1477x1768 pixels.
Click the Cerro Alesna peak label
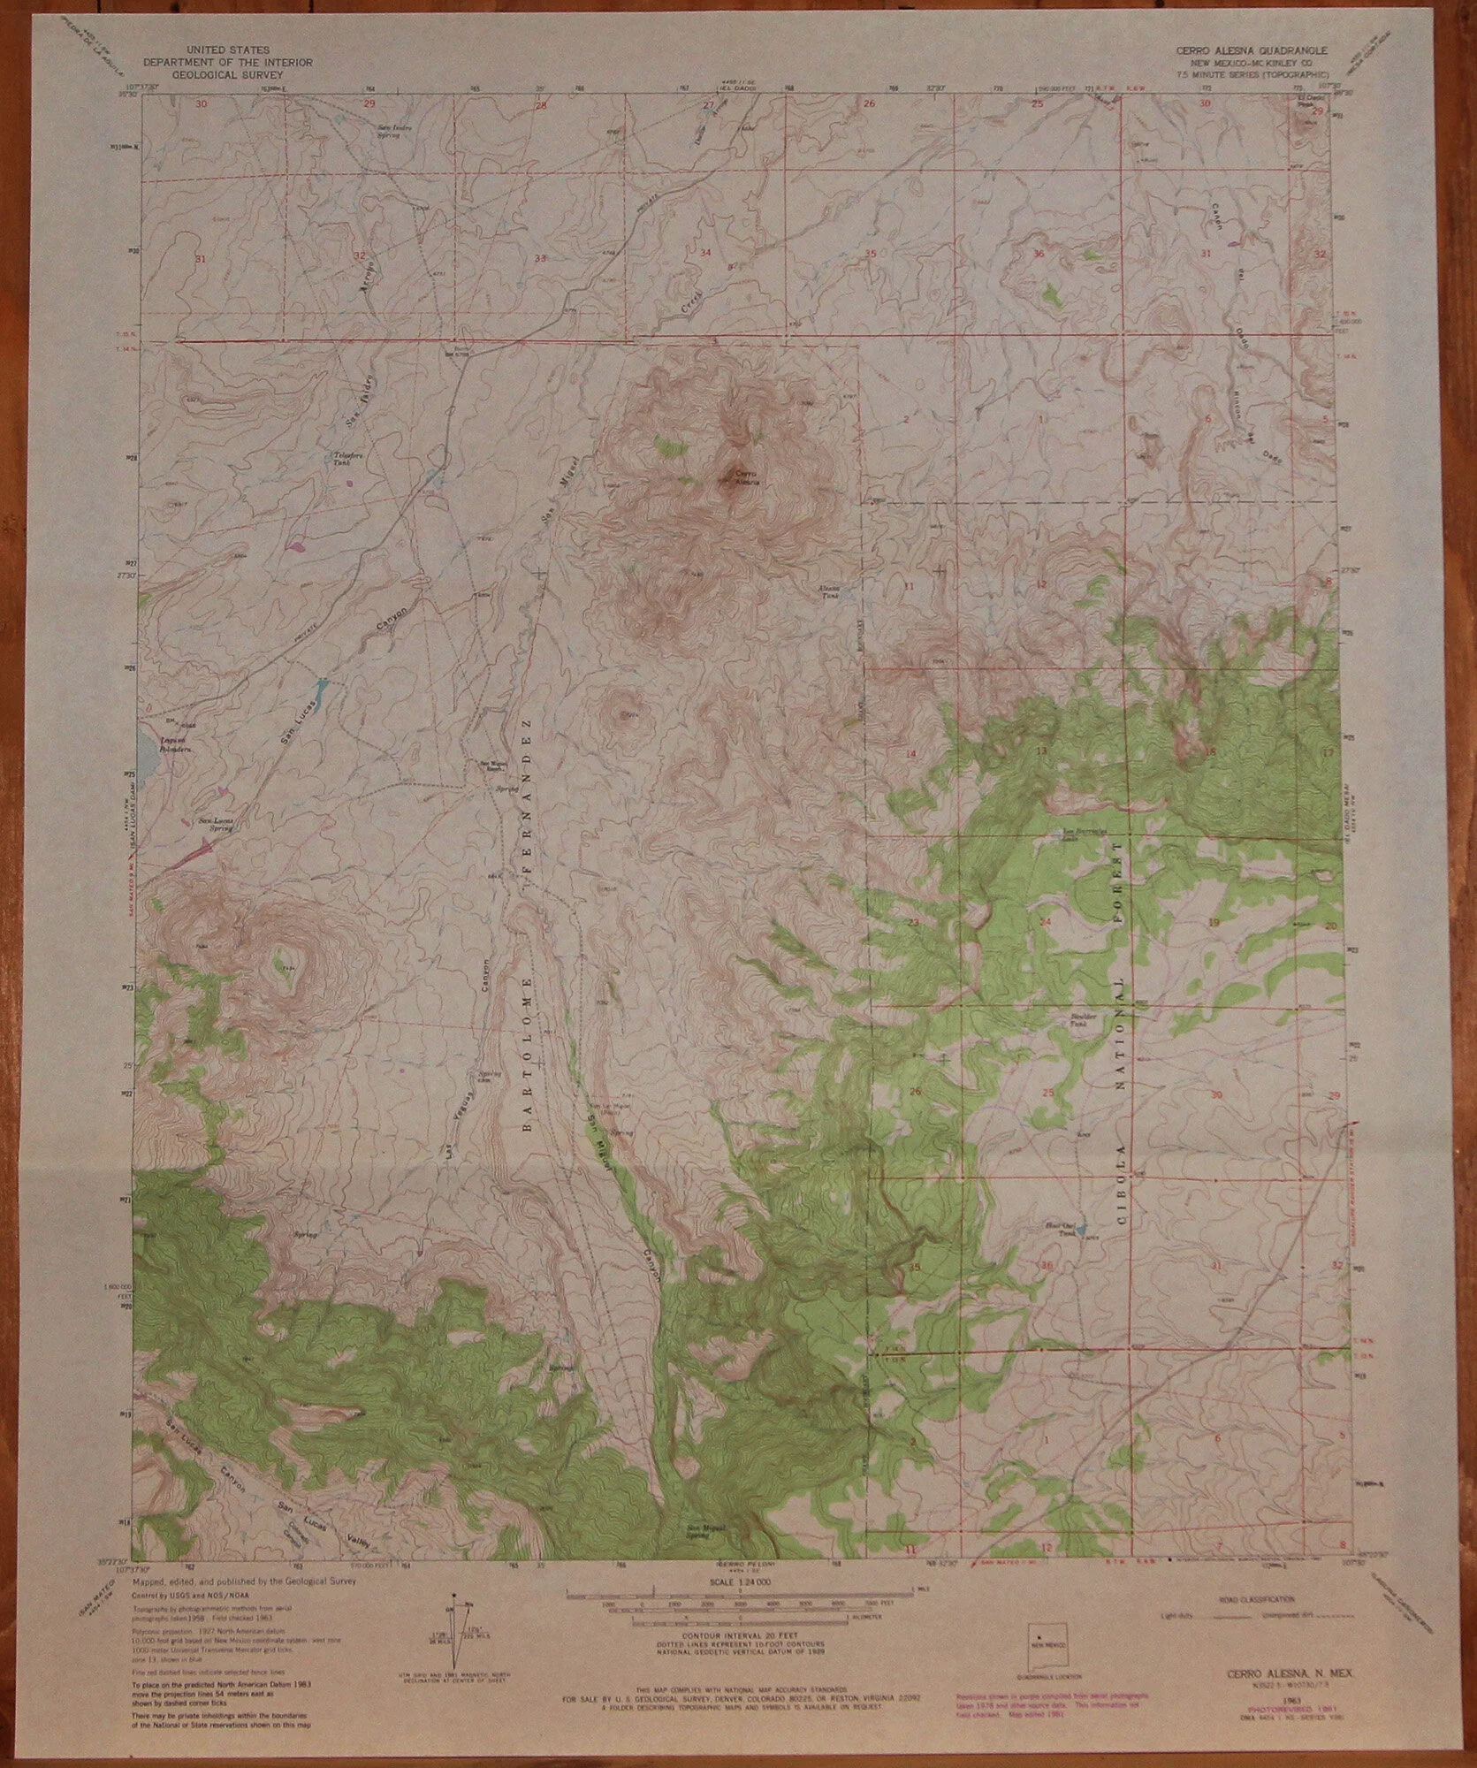pos(746,477)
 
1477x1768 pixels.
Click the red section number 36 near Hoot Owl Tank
pos(1048,1266)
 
